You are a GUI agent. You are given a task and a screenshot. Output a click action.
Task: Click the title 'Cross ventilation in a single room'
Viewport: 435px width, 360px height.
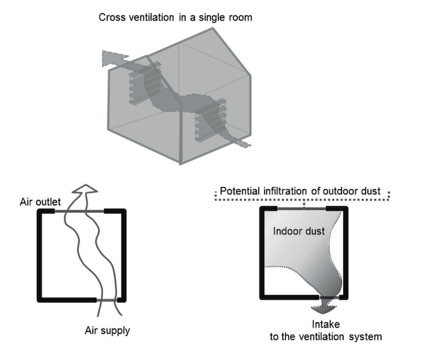(x=175, y=17)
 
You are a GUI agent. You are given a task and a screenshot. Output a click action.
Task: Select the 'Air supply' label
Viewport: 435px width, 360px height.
(x=108, y=330)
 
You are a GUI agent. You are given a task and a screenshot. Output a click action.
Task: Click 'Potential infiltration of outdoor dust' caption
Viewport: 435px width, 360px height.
(x=300, y=191)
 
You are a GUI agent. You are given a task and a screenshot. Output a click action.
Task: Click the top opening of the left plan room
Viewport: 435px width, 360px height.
(x=80, y=211)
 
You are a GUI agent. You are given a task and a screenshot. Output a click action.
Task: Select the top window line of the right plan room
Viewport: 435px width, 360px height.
(x=303, y=209)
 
